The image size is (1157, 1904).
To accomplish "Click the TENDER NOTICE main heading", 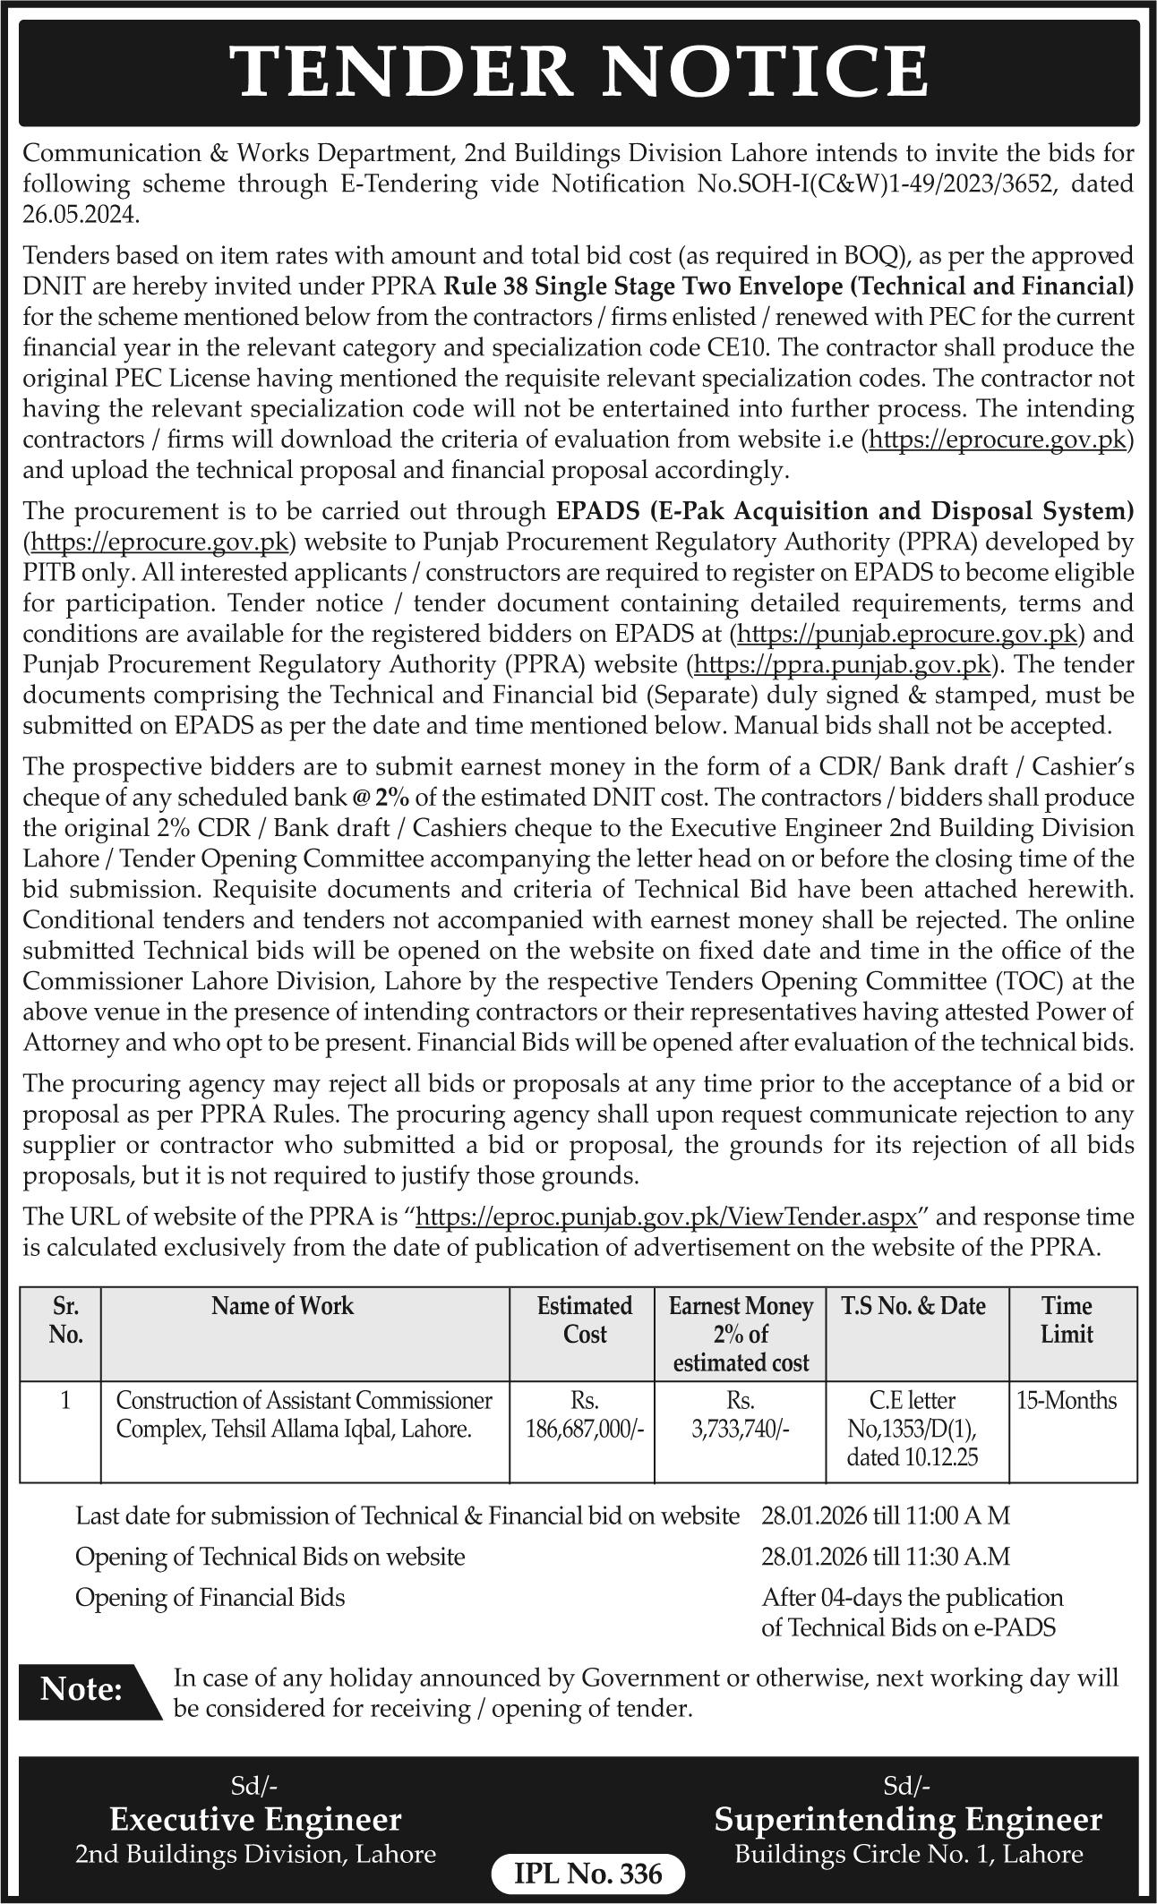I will click(578, 71).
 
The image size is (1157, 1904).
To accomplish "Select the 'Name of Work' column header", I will click(282, 1306).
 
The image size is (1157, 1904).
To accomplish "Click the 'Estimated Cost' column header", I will click(584, 1319).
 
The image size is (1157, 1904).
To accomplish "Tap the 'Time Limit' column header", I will click(1067, 1319).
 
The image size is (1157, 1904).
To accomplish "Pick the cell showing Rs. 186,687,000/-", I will click(584, 1414).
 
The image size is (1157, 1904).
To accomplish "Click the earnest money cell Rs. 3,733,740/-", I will click(741, 1414).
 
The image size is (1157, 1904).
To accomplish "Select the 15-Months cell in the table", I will click(1067, 1400).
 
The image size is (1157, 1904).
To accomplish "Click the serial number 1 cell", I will click(65, 1400).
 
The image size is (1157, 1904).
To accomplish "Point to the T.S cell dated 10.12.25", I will click(913, 1429).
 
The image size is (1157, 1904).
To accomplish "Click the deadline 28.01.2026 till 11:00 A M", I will click(886, 1516).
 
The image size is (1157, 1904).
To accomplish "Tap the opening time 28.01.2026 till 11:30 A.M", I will click(886, 1557).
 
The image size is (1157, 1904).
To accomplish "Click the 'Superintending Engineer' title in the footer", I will click(908, 1822).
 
